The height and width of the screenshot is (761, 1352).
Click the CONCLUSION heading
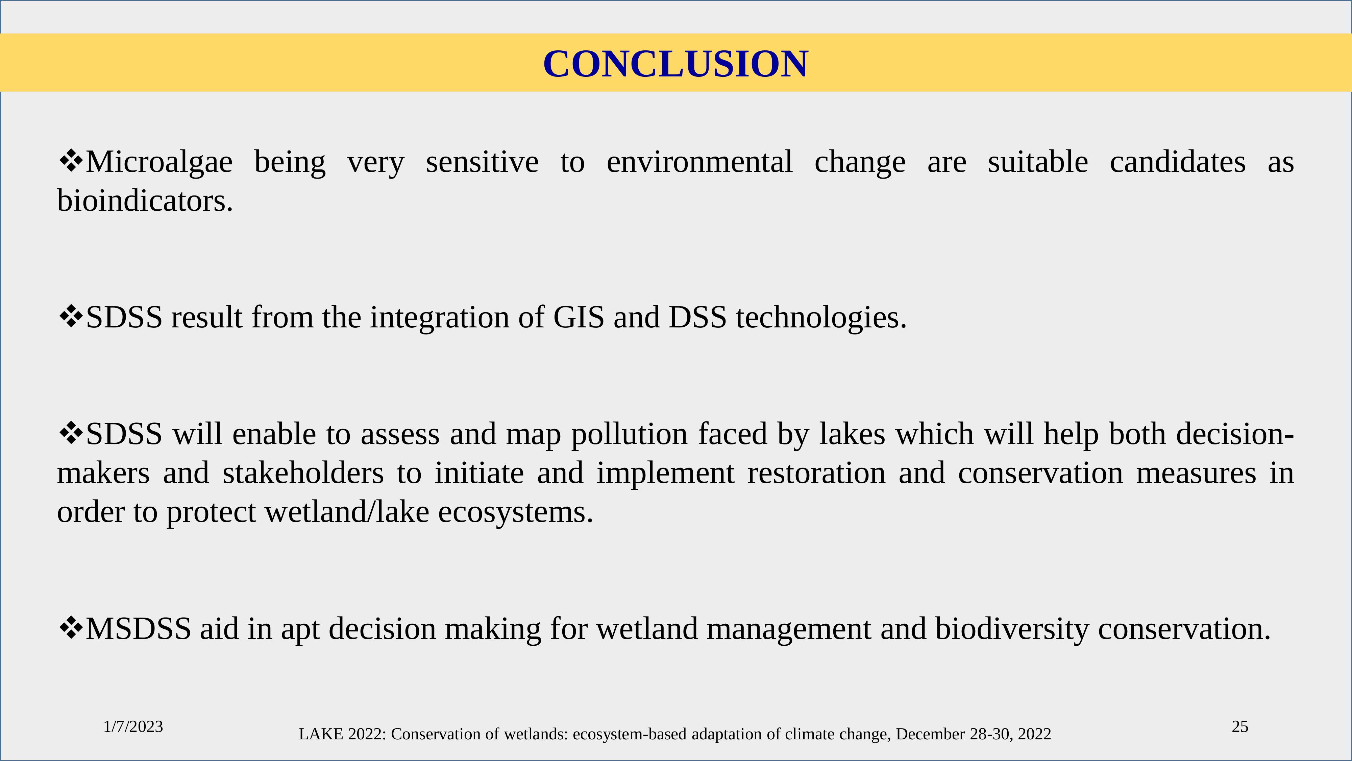click(676, 64)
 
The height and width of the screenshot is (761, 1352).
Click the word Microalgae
click(159, 162)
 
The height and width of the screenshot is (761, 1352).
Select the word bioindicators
click(145, 201)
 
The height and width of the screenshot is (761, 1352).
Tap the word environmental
click(699, 161)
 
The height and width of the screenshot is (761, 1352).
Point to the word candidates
click(1177, 161)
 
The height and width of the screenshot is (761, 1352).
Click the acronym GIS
click(579, 317)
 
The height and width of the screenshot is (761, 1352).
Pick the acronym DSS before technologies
click(697, 317)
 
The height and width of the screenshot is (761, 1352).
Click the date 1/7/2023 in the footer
click(133, 727)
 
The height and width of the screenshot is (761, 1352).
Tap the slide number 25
click(1240, 727)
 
